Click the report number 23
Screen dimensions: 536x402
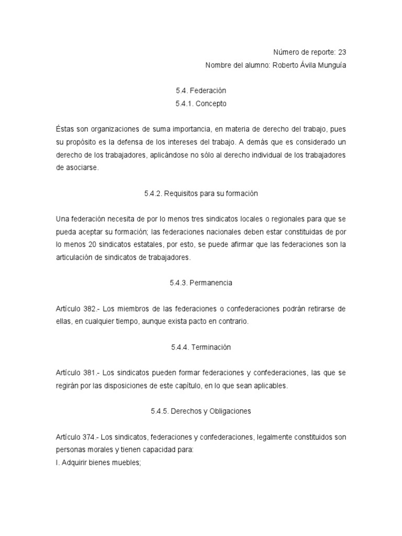coord(342,52)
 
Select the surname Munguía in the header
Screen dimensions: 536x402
coord(331,65)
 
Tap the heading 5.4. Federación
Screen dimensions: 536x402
coord(201,91)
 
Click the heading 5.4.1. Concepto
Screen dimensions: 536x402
coord(201,104)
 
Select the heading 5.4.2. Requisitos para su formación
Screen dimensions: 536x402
coord(201,193)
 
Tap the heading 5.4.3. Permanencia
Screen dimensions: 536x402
coord(201,283)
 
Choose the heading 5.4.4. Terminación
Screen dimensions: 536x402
coord(201,347)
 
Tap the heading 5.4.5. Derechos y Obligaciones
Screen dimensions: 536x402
coord(201,411)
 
